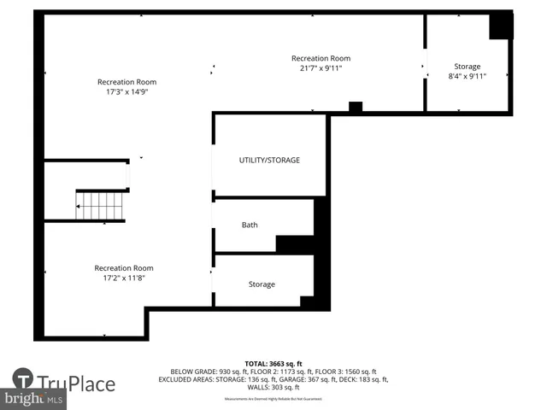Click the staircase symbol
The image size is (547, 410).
101,206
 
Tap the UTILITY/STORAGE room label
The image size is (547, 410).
269,160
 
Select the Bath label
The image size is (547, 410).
250,225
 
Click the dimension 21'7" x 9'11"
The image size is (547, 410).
321,68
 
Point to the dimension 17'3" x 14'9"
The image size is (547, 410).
126,92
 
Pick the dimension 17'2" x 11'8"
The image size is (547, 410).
124,278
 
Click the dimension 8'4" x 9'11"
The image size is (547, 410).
467,76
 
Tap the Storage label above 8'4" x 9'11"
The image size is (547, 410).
467,67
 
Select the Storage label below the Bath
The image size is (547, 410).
262,284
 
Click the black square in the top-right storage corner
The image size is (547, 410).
500,26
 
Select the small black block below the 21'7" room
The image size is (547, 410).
356,107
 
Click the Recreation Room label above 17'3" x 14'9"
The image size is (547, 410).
126,82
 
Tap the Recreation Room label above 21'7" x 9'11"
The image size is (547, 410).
321,58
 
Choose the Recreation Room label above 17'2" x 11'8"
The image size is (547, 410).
124,267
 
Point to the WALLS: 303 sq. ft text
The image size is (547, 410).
273,386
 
